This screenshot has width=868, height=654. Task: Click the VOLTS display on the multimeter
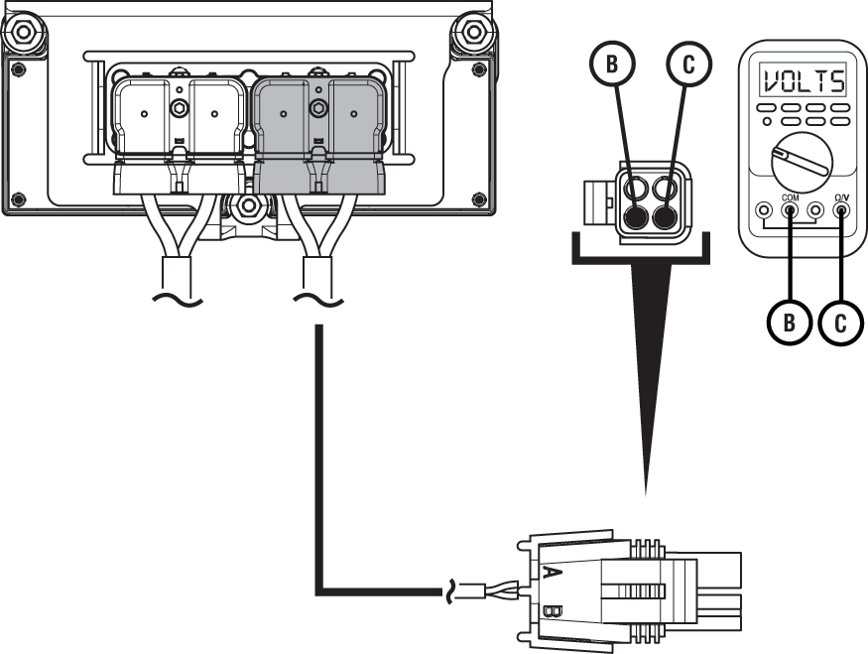pyautogui.click(x=803, y=79)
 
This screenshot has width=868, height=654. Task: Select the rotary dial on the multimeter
pyautogui.click(x=802, y=163)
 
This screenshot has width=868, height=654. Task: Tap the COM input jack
pyautogui.click(x=791, y=210)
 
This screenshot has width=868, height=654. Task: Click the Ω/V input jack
pyautogui.click(x=842, y=210)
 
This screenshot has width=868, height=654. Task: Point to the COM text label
pyautogui.click(x=791, y=197)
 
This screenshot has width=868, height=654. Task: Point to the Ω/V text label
pyautogui.click(x=842, y=197)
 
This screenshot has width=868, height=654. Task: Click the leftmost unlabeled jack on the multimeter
pyautogui.click(x=764, y=210)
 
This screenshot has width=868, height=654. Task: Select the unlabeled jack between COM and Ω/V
pyautogui.click(x=816, y=210)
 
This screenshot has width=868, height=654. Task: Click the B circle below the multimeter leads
pyautogui.click(x=790, y=324)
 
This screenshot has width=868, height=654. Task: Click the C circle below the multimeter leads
pyautogui.click(x=841, y=324)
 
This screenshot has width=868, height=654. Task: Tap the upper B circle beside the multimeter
pyautogui.click(x=612, y=65)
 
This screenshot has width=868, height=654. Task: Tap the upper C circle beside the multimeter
pyautogui.click(x=689, y=65)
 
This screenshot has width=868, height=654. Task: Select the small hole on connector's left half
pyautogui.click(x=284, y=114)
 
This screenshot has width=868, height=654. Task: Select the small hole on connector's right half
pyautogui.click(x=354, y=114)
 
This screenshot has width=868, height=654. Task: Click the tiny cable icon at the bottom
pyautogui.click(x=482, y=591)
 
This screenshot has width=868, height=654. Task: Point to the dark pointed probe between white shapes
pyautogui.click(x=650, y=397)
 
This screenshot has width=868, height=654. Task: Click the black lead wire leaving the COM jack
pyautogui.click(x=791, y=248)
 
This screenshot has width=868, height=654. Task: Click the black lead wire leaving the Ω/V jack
pyautogui.click(x=842, y=248)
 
